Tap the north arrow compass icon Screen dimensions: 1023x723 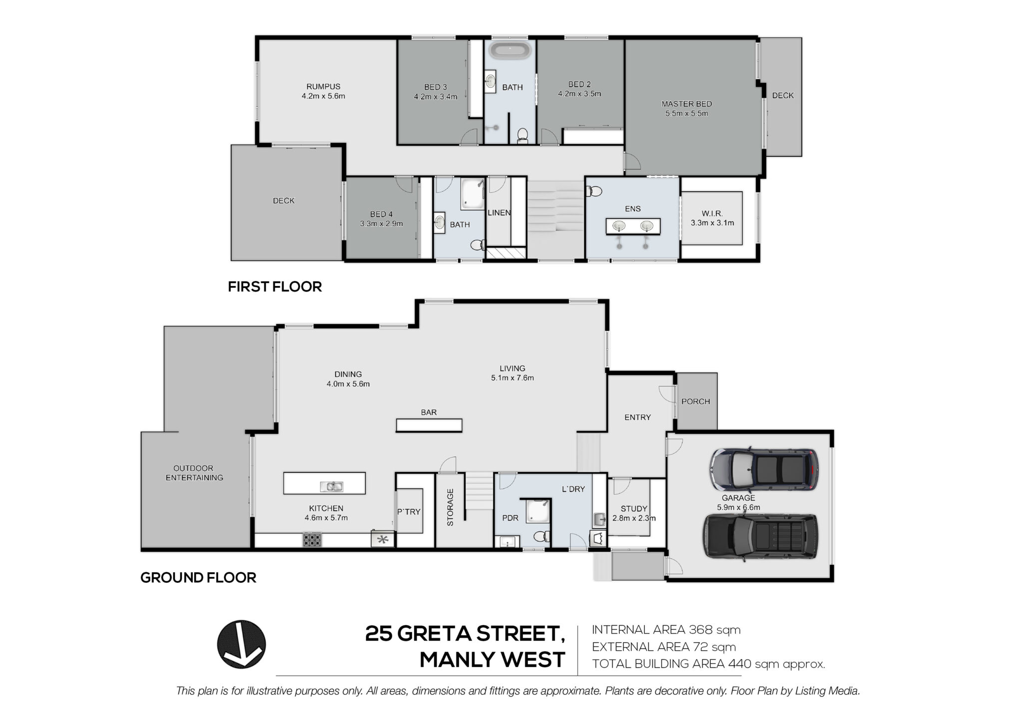(x=241, y=644)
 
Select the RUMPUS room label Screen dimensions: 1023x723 (x=323, y=86)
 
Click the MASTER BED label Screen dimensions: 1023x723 (x=686, y=104)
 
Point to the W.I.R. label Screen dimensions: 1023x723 (x=712, y=213)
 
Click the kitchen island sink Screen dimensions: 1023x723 (x=331, y=486)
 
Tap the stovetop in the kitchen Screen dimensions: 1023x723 (x=312, y=540)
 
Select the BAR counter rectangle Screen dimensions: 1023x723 (x=429, y=425)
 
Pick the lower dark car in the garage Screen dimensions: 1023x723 (x=761, y=536)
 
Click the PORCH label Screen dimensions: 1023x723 (x=695, y=401)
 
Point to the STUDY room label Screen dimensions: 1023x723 (x=634, y=508)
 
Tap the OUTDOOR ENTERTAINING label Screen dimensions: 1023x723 (x=194, y=473)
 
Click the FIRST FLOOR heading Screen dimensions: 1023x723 (x=275, y=287)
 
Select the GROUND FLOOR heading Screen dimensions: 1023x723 (x=198, y=578)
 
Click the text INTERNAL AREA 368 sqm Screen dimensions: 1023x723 (x=666, y=630)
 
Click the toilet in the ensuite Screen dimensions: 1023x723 (x=594, y=191)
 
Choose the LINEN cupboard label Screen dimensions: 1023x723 (x=499, y=213)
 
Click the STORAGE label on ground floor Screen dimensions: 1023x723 (x=450, y=507)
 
